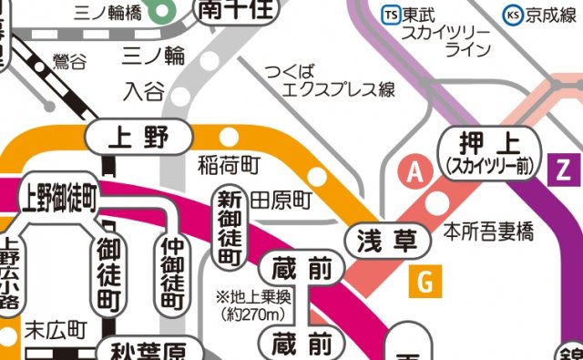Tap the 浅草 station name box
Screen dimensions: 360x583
point(387,241)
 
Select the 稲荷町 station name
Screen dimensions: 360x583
point(229,165)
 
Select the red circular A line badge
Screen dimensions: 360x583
point(417,170)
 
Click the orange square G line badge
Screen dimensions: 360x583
point(424,282)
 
